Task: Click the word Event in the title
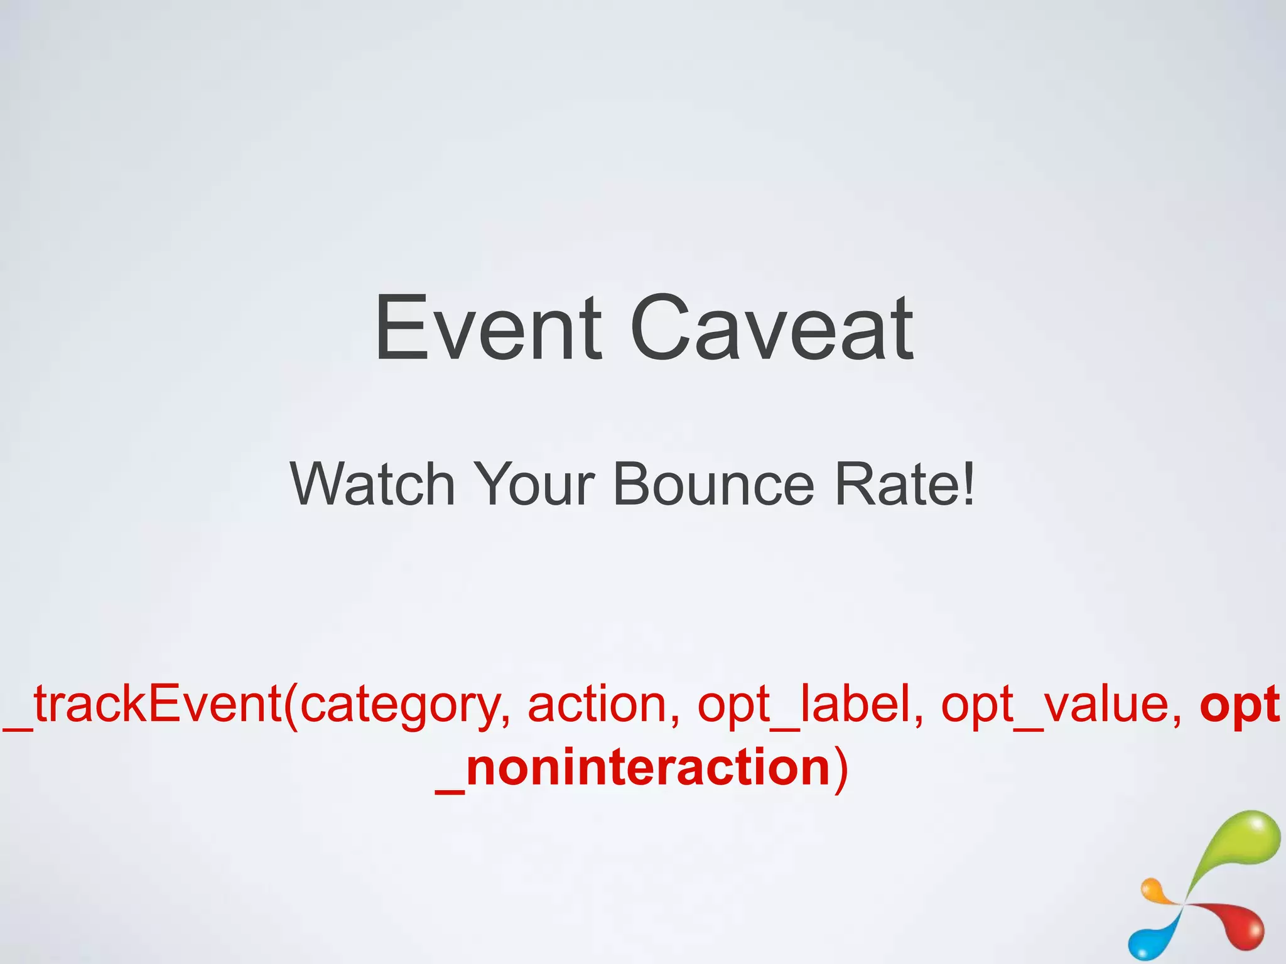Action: click(x=487, y=329)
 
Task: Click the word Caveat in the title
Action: click(x=772, y=329)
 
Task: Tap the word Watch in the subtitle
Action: click(x=372, y=484)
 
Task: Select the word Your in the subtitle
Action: click(x=533, y=484)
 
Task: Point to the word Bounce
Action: click(x=713, y=484)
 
